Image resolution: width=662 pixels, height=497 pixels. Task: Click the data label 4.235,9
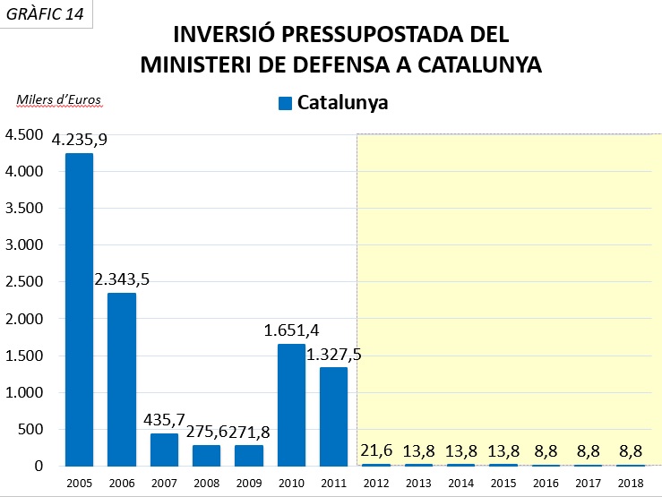click(80, 140)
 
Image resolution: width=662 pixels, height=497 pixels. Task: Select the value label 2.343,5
click(122, 279)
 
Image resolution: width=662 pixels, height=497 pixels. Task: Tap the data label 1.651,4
click(292, 330)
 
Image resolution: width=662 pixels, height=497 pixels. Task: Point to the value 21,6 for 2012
click(376, 450)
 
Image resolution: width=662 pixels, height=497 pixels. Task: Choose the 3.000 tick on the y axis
click(25, 244)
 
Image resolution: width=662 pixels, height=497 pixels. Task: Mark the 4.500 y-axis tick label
click(25, 134)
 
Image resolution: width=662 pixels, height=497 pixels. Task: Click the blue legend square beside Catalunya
click(286, 103)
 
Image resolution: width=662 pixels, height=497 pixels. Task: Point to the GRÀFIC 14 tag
click(48, 15)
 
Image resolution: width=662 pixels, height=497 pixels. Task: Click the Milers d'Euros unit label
click(59, 99)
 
